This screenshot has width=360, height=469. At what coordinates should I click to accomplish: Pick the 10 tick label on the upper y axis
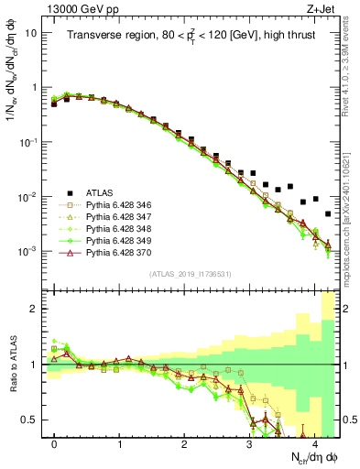(x=30, y=33)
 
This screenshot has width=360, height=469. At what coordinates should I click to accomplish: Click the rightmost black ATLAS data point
(x=328, y=213)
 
